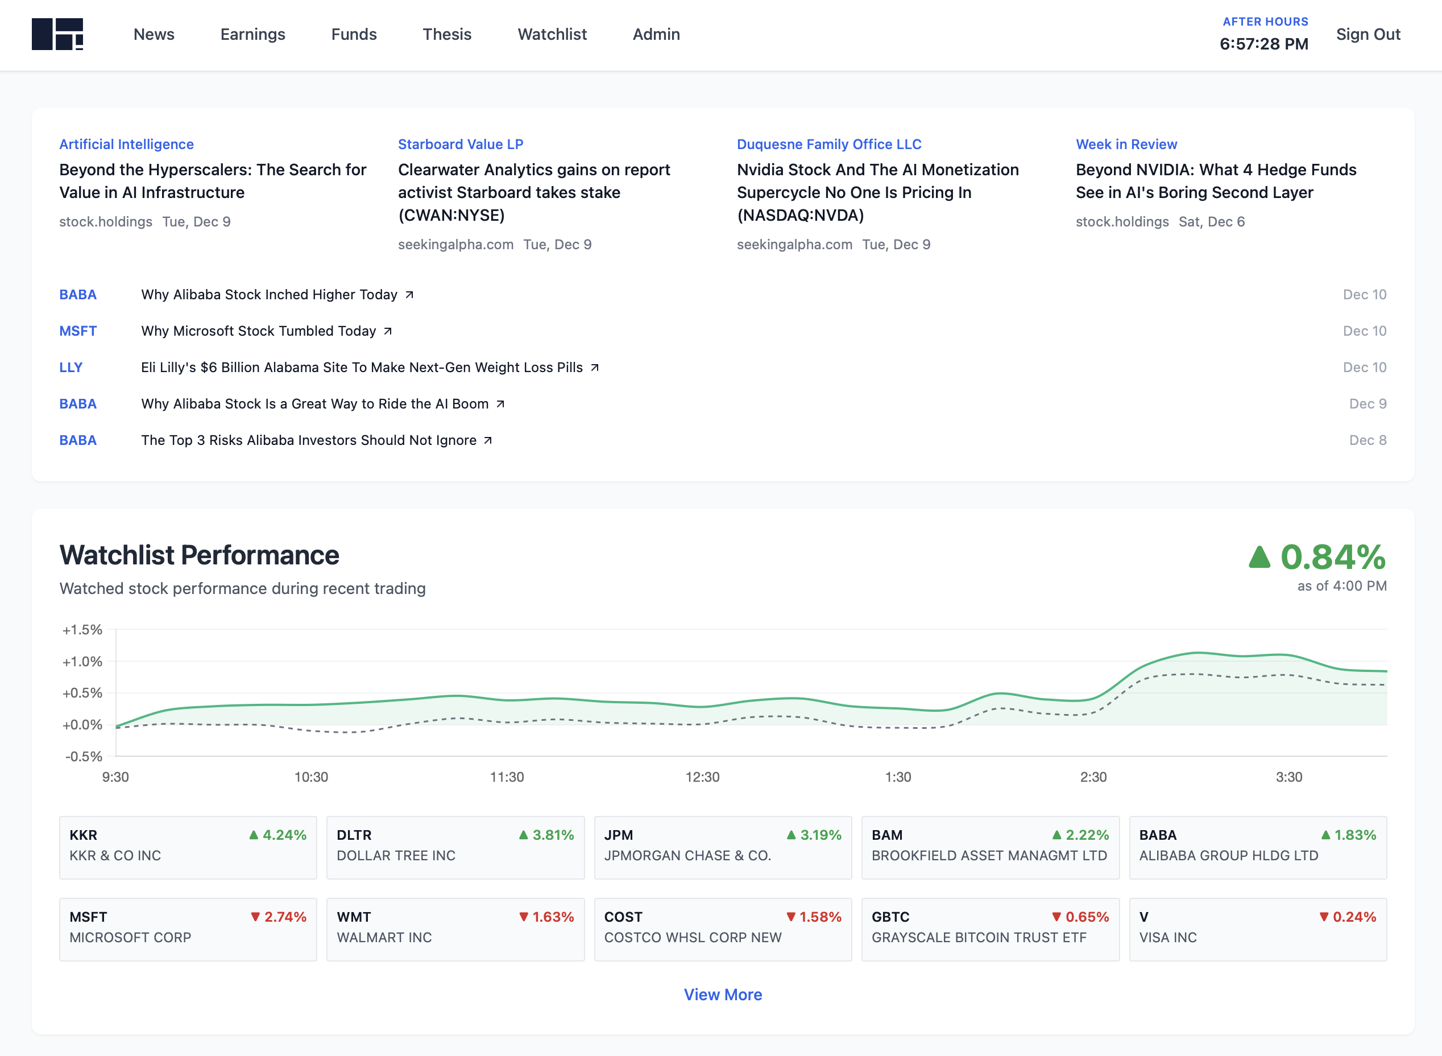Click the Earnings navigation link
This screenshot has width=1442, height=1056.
tap(252, 35)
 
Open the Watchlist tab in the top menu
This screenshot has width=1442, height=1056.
tap(552, 35)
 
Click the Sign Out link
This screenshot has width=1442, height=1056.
tap(1368, 35)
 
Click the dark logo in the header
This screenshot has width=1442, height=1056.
tap(57, 35)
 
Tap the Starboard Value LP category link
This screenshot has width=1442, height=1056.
tap(460, 145)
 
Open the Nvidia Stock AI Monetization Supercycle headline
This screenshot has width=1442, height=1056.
tap(877, 192)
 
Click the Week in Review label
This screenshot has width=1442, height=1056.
tap(1126, 145)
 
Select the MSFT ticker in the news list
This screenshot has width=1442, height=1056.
tap(78, 331)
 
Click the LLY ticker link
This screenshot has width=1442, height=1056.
tap(71, 368)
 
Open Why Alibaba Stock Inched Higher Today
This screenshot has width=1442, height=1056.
tap(269, 295)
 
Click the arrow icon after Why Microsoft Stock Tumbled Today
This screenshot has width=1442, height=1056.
tap(388, 331)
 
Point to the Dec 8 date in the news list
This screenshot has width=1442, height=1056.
tap(1368, 440)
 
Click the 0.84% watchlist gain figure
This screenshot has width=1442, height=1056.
tap(1332, 557)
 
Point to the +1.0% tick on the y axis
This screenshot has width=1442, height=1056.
tap(82, 662)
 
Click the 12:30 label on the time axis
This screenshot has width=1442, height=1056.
tap(702, 777)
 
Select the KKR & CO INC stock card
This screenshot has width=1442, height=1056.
tap(188, 847)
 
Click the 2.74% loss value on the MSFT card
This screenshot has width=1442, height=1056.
tap(285, 917)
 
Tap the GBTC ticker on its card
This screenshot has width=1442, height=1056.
tap(890, 917)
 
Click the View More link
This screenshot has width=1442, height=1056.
tap(723, 995)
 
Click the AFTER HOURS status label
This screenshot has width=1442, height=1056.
tap(1265, 22)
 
